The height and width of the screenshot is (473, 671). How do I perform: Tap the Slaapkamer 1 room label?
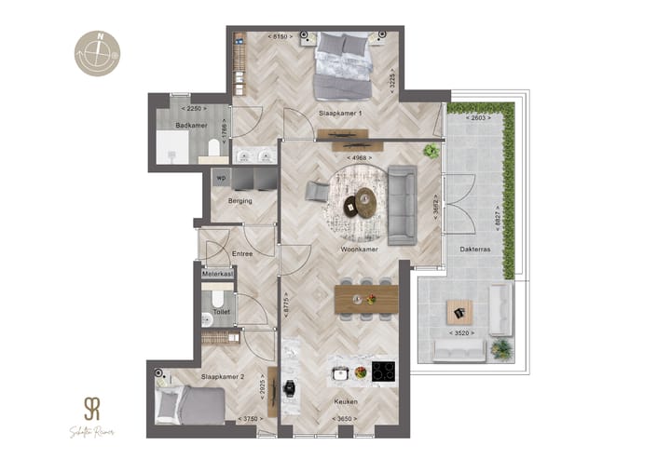coord(340,114)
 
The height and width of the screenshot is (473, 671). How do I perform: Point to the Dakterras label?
coord(475,250)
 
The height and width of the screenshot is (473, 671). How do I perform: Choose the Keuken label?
coord(347,401)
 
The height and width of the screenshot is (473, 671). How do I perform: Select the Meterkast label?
coord(217,274)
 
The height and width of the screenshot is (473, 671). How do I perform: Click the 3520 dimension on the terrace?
coord(461,332)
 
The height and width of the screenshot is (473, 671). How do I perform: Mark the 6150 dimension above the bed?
coord(280,36)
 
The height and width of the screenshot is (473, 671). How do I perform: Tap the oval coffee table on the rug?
coord(365,202)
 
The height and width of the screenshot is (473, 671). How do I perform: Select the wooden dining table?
coord(366,300)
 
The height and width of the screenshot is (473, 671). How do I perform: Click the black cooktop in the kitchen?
coord(384,372)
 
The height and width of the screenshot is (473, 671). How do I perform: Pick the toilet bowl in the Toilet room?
coord(217,299)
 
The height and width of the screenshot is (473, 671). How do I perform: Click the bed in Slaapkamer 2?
coord(191,405)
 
